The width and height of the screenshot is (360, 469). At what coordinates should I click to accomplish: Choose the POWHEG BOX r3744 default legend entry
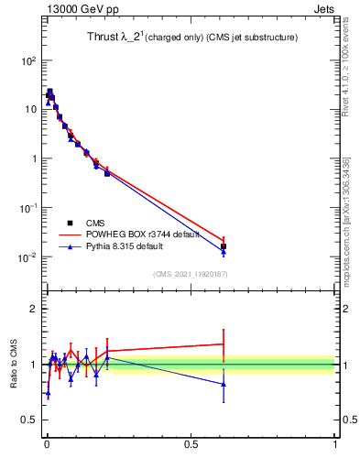pos(137,234)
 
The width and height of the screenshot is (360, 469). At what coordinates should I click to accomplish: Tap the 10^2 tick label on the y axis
pos(27,60)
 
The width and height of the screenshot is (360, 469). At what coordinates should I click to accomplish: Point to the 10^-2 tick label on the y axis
pos(27,257)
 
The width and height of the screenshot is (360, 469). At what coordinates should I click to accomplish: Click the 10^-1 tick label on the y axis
pos(27,208)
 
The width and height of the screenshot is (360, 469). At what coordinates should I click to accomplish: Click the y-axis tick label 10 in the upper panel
pos(30,110)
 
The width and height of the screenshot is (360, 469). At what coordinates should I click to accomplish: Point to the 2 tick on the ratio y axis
pos(36,309)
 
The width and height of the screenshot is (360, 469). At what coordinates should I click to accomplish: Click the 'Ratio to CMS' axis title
pos(14,365)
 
